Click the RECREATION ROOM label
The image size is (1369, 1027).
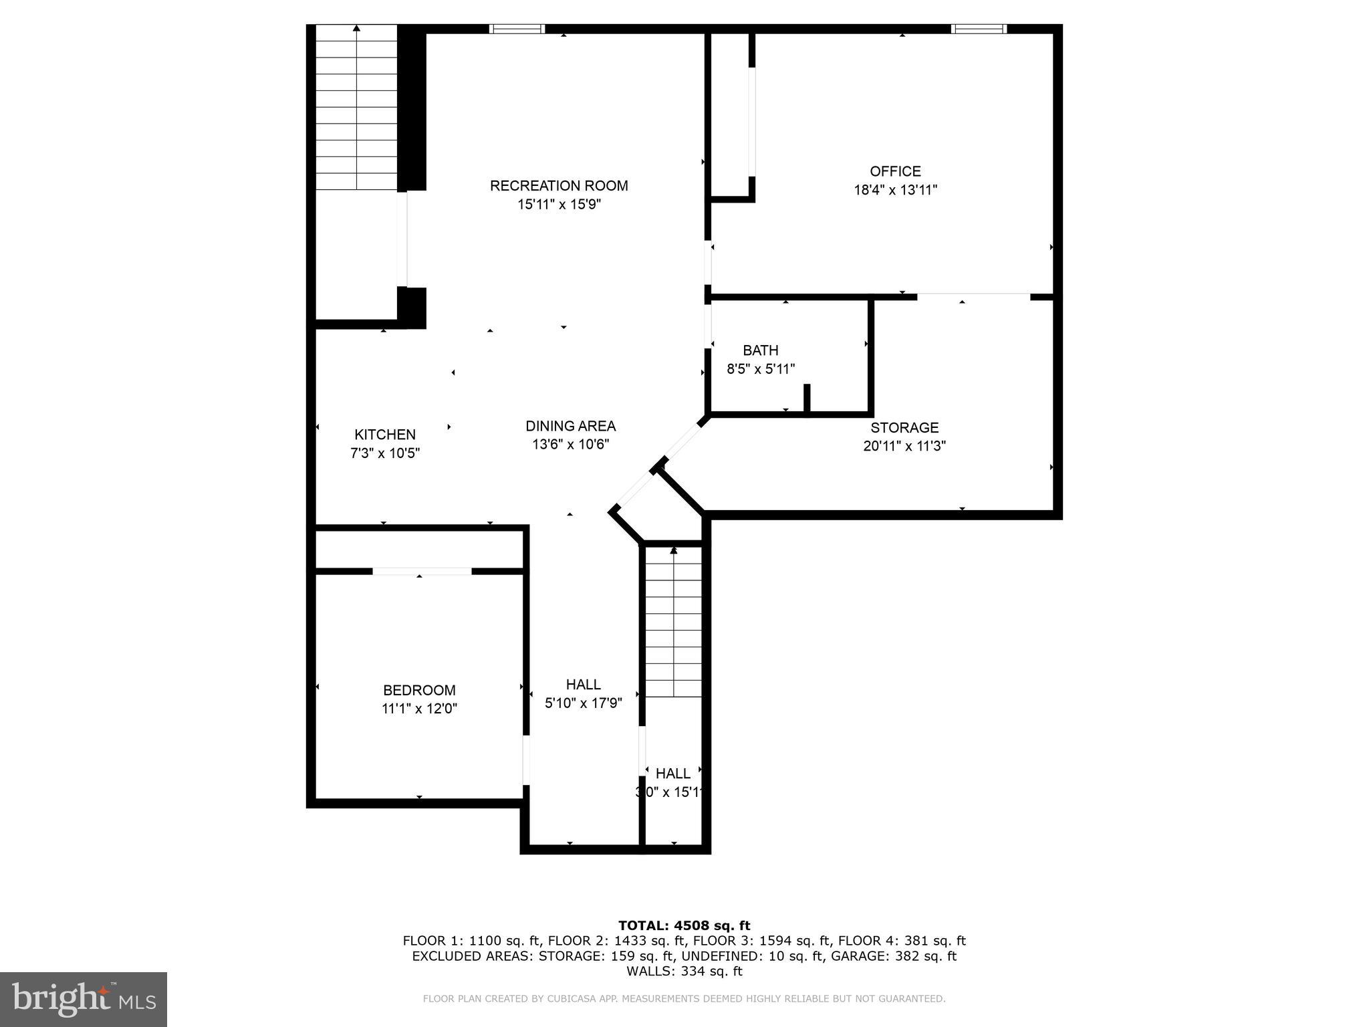pos(559,186)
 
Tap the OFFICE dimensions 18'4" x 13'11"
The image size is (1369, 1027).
pos(895,190)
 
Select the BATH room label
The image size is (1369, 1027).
pos(761,350)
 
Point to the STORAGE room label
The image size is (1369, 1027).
pos(904,427)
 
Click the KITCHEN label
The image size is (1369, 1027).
pos(385,435)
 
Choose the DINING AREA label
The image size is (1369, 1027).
pos(570,426)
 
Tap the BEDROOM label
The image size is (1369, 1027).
pos(419,690)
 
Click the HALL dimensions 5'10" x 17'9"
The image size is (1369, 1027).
pos(584,703)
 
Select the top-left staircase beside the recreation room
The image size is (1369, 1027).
pos(357,107)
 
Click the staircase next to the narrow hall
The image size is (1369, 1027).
pos(674,622)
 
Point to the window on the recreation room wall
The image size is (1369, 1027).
pos(517,29)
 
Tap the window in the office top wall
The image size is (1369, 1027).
pos(979,29)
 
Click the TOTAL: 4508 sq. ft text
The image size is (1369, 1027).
pos(684,925)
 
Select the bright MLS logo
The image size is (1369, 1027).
pos(84,999)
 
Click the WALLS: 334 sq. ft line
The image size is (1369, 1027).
pos(684,971)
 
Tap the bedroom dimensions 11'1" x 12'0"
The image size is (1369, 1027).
pos(419,709)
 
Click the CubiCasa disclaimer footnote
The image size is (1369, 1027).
pos(684,999)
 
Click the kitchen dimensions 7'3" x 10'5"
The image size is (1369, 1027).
pos(385,453)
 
